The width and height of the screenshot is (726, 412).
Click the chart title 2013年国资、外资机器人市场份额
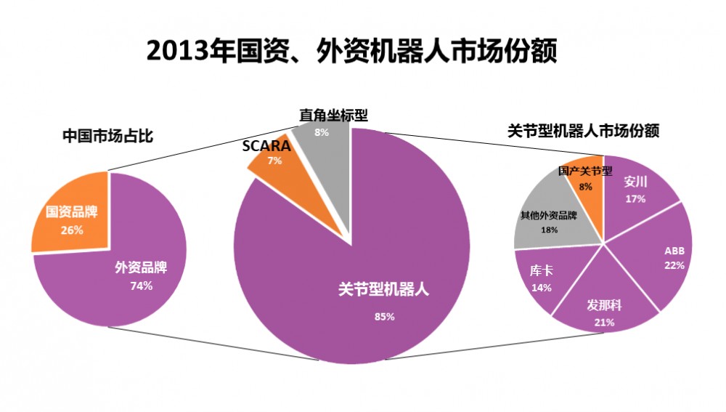coord(352,52)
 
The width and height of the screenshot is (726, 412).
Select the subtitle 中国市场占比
coord(107,136)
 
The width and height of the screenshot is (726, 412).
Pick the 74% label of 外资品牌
coord(141,286)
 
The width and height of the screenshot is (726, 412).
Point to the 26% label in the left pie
coord(72,230)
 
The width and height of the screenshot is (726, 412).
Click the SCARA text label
coord(266,145)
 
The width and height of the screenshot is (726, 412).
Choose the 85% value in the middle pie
coord(385,316)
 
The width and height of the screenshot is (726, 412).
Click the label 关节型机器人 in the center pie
coord(385,288)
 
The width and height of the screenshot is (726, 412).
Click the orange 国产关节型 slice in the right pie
coord(585,182)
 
